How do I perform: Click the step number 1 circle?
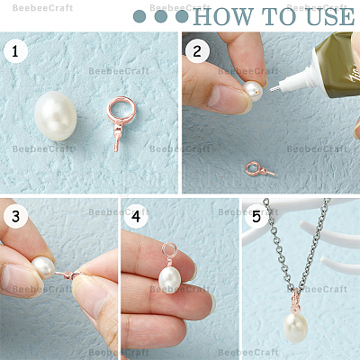coord(15,50)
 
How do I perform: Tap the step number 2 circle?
coord(197,50)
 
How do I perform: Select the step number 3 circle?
coord(15,216)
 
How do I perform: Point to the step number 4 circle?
coord(136,216)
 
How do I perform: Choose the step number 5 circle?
coord(256,216)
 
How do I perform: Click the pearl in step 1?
coord(56,116)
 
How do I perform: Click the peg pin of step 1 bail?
coord(117,140)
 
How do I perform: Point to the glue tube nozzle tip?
coord(270,89)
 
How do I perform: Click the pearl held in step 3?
coord(44,267)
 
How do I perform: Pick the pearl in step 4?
coord(170,280)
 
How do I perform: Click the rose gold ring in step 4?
coord(169,251)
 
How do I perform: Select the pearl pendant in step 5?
coord(295,328)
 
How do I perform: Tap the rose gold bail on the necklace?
coord(296,301)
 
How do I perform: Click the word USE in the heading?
coord(331,17)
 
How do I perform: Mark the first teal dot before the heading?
coord(139,16)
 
